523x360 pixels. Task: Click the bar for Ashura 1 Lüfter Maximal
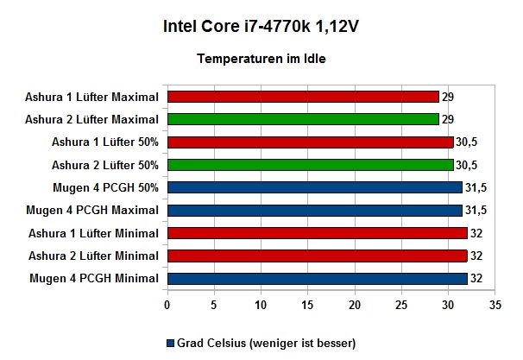coord(303,97)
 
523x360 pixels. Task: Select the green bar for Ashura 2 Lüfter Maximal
coord(303,119)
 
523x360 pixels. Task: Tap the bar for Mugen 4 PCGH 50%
coord(315,187)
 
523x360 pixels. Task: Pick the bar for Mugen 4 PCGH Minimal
coord(318,279)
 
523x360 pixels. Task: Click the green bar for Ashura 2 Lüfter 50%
coord(311,165)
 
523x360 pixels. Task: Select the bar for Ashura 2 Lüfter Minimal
coord(318,256)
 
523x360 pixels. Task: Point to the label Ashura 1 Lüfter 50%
coord(105,142)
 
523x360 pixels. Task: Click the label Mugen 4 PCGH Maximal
coord(92,211)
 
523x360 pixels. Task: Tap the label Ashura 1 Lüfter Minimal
coord(93,233)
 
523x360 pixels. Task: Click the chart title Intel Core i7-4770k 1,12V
coord(261,27)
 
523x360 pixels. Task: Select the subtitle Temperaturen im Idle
coord(261,59)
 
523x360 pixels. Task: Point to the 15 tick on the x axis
coord(307,305)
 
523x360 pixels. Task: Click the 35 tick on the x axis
coord(495,305)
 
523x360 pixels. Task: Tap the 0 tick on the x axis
coord(167,305)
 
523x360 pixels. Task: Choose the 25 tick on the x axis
coord(401,305)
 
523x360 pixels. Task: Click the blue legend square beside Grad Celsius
coord(170,344)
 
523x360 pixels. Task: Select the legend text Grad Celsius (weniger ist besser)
coord(266,344)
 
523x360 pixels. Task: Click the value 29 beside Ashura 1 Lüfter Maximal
coord(448,97)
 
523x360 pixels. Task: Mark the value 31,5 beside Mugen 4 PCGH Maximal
coord(476,210)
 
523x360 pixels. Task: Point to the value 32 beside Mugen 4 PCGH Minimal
coord(476,279)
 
